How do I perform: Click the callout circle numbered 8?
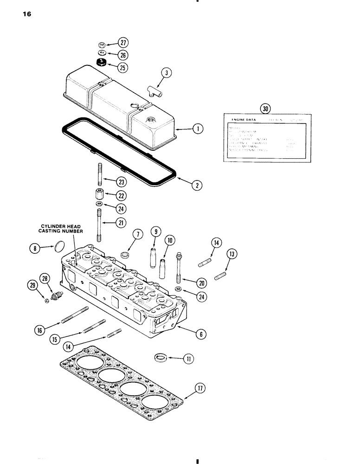pyautogui.click(x=34, y=249)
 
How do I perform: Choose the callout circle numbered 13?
pyautogui.click(x=232, y=254)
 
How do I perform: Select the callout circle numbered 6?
pyautogui.click(x=201, y=334)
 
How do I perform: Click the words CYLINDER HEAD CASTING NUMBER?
pyautogui.click(x=61, y=228)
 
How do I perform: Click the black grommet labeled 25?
pyautogui.click(x=101, y=63)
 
